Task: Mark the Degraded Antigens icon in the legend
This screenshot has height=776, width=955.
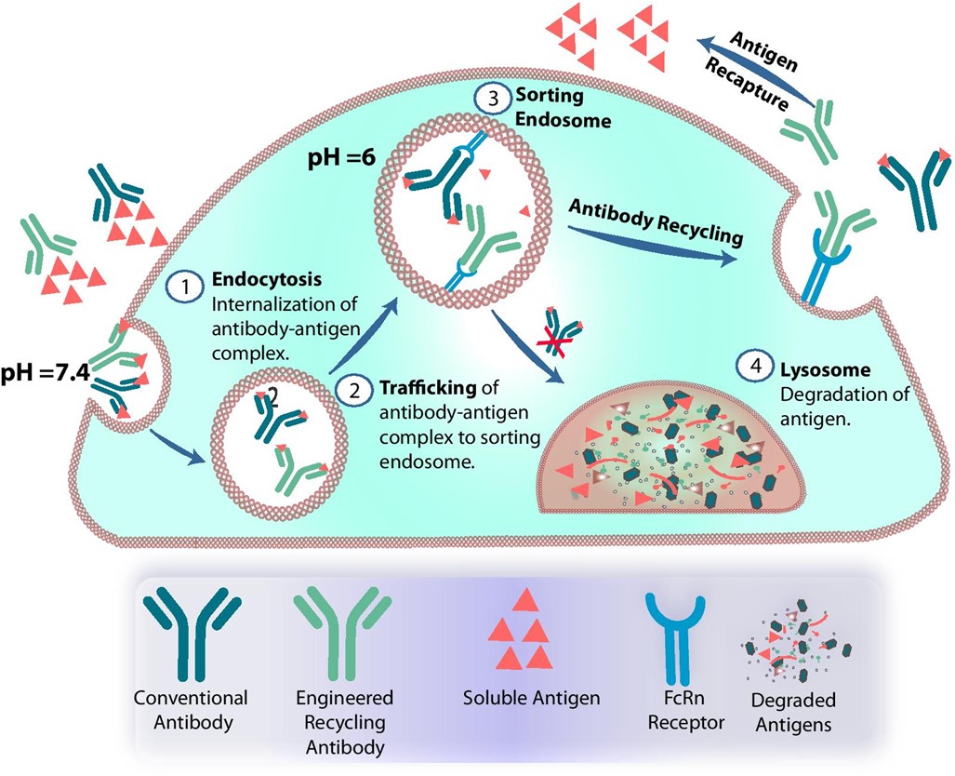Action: pyautogui.click(x=787, y=643)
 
